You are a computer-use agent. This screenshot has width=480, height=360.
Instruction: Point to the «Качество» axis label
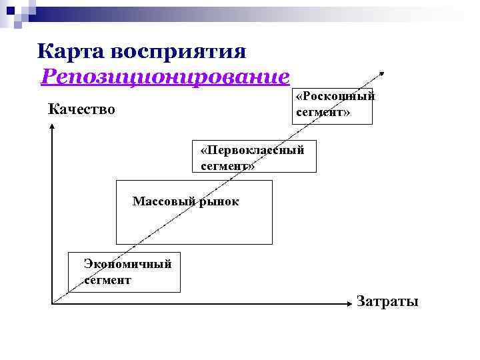click(81, 109)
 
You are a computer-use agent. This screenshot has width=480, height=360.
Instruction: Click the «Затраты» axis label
click(387, 301)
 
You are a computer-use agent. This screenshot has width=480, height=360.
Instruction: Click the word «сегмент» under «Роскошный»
click(320, 112)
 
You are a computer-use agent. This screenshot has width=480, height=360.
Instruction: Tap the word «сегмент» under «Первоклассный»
click(224, 165)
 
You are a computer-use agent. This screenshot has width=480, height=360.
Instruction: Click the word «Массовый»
click(164, 201)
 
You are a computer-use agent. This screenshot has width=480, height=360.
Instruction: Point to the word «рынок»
click(219, 201)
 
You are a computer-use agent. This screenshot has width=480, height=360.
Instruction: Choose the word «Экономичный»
click(127, 263)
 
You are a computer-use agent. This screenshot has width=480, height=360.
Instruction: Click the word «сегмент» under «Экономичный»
click(107, 279)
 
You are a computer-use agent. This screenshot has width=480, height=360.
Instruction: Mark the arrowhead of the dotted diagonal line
click(383, 73)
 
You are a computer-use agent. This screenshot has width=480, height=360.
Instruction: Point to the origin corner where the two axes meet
click(52, 304)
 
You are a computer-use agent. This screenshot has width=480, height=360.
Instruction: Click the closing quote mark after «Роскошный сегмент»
click(347, 112)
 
